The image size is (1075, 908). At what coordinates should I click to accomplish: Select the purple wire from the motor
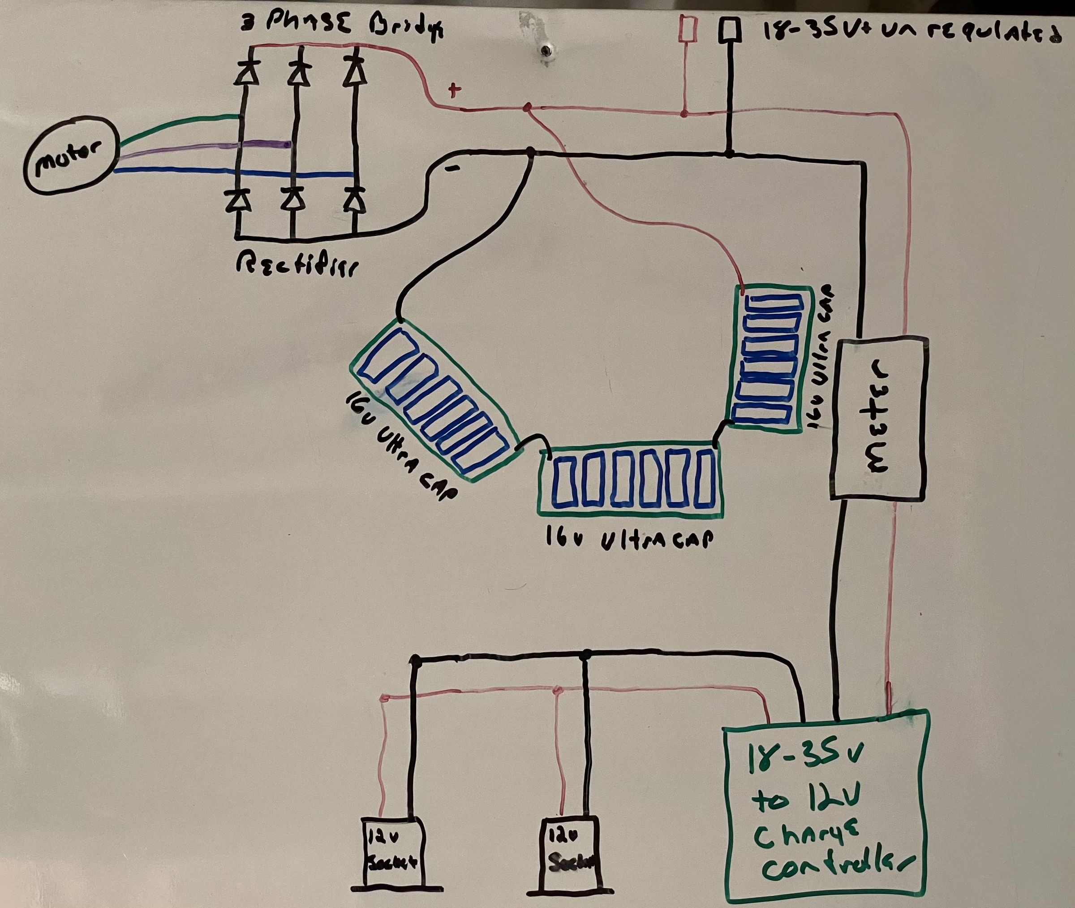point(206,146)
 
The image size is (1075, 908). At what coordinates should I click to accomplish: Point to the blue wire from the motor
point(232,173)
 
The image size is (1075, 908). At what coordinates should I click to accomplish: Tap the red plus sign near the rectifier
point(454,91)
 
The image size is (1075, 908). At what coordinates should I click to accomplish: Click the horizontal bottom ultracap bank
point(630,481)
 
